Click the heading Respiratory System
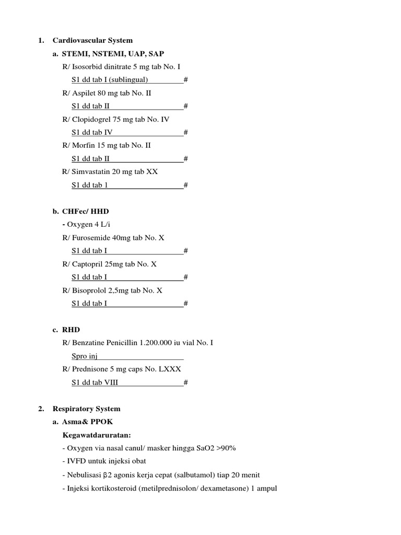[x=93, y=409]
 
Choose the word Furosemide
[x=90, y=237]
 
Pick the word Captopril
[x=87, y=264]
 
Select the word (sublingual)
[x=129, y=80]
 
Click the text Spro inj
[x=85, y=356]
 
